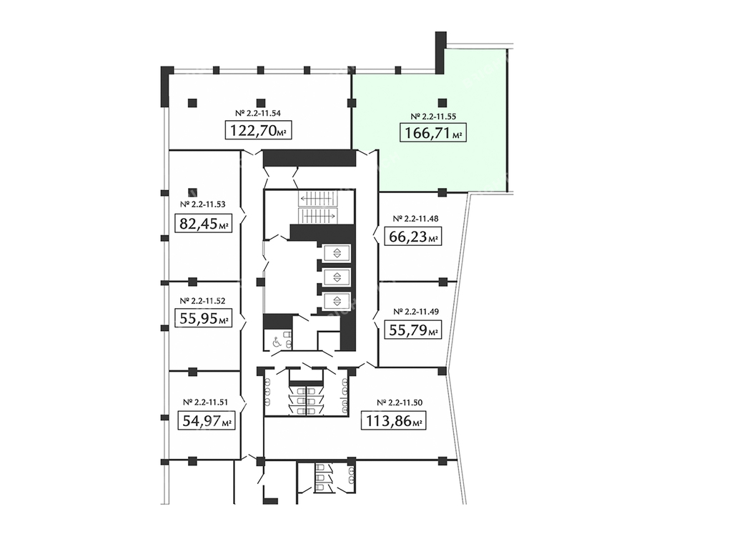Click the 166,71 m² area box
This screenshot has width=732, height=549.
tap(432, 132)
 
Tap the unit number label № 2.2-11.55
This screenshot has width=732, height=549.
tap(433, 117)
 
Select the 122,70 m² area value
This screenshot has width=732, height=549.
tap(259, 130)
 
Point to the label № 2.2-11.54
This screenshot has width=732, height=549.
tap(257, 113)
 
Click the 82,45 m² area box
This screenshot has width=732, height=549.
tap(204, 223)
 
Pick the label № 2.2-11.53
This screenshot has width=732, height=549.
tap(202, 204)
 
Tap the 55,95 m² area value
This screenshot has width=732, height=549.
tap(204, 318)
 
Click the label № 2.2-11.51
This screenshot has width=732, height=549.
tap(205, 402)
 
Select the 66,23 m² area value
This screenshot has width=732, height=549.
tap(412, 236)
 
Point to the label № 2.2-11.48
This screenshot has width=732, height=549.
tap(415, 219)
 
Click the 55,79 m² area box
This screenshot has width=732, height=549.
tap(413, 330)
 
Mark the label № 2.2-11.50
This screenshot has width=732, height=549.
tap(400, 402)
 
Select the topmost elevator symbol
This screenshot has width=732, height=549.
tap(337, 253)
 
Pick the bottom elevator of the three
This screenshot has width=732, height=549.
tap(337, 300)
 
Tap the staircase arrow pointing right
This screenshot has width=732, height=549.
tap(317, 216)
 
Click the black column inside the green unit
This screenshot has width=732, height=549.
tap(442, 103)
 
